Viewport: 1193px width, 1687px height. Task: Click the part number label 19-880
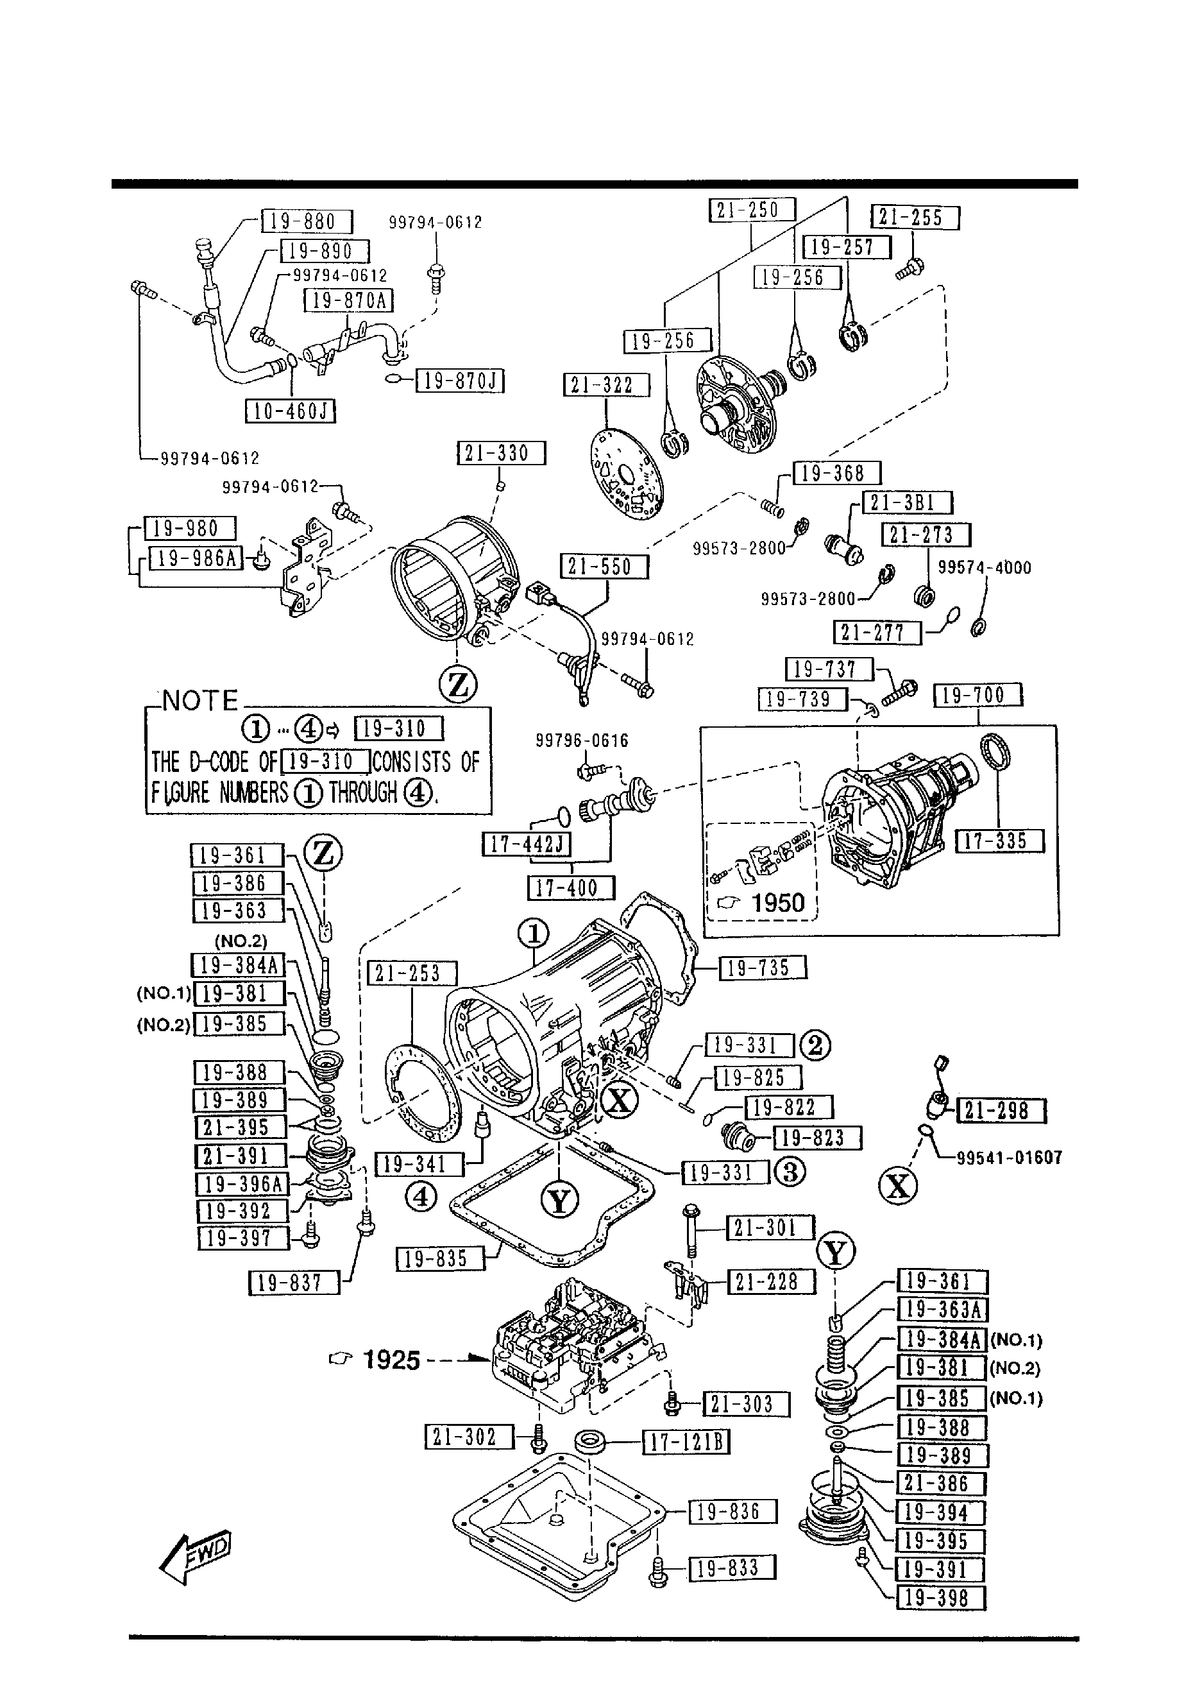(x=307, y=221)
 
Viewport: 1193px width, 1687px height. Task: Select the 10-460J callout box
(x=290, y=411)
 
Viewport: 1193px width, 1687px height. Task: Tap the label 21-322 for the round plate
(x=607, y=385)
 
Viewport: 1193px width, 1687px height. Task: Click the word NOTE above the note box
(x=200, y=701)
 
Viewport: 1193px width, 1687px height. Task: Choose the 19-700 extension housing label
(x=977, y=695)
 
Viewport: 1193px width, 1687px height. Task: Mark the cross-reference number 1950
(x=778, y=902)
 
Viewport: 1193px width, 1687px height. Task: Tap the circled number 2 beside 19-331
(x=815, y=1045)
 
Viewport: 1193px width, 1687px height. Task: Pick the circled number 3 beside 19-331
(x=790, y=1172)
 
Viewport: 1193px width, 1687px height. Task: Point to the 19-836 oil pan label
(x=732, y=1512)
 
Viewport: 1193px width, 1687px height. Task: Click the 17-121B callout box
(x=686, y=1443)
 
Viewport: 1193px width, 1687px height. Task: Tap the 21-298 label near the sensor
(x=1001, y=1110)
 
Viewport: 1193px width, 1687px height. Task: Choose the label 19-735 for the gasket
(x=763, y=968)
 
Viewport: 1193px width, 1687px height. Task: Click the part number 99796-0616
(x=582, y=741)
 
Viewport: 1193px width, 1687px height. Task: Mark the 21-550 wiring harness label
(x=605, y=567)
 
